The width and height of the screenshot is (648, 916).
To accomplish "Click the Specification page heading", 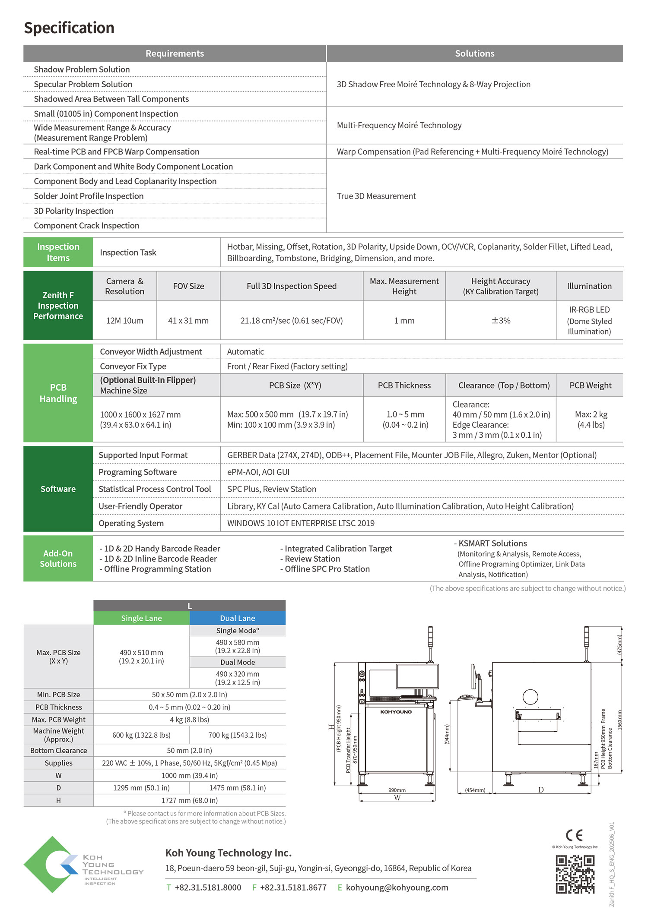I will (x=69, y=28).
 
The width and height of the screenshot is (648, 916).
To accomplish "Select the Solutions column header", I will (x=474, y=54).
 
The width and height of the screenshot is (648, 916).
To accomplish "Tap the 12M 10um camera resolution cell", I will (x=124, y=321).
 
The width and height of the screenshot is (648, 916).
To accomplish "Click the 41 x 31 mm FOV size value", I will (x=188, y=321).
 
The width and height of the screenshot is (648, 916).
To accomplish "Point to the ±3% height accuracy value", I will (x=501, y=321).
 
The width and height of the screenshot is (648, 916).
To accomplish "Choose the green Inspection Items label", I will (x=58, y=253).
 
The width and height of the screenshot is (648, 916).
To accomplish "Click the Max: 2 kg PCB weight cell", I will (x=591, y=420).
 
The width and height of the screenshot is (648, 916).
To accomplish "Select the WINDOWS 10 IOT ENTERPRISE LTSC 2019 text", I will (x=301, y=523).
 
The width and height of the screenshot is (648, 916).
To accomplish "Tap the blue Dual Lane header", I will (x=237, y=618).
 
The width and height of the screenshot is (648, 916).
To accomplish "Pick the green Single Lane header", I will (x=141, y=618).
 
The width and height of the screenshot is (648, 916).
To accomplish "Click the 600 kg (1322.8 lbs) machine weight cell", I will (x=141, y=735).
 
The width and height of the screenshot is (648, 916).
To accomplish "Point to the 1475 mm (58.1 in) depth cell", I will (x=237, y=788).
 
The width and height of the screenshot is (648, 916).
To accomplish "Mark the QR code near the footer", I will (x=575, y=874).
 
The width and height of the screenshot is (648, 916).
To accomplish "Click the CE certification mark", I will (x=574, y=836).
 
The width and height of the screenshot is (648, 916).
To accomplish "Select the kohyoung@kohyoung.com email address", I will (x=397, y=888).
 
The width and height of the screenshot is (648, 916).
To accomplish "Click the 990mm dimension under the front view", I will (x=397, y=790).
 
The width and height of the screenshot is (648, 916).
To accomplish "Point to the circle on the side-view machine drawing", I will (x=530, y=697).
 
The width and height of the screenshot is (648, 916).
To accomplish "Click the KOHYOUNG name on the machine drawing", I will (x=396, y=712).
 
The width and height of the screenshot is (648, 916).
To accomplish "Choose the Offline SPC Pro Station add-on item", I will (x=327, y=569).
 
